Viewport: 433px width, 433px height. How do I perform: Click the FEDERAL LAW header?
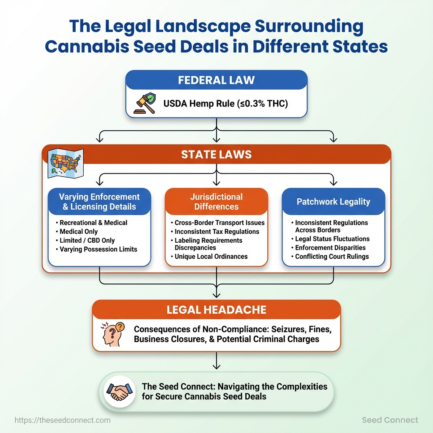point(216,80)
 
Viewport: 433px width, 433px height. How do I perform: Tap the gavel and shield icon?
point(145,104)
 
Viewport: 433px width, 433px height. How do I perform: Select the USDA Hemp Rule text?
point(225,103)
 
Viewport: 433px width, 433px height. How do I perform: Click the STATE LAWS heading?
point(216,155)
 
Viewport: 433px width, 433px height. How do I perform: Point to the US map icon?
point(66,163)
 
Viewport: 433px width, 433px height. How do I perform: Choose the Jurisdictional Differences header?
point(216,202)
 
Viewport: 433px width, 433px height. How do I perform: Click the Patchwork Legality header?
point(333,202)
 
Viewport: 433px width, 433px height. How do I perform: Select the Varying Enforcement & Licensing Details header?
point(99,202)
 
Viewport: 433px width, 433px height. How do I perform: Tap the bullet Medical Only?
point(79,231)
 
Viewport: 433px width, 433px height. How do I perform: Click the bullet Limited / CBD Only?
point(87,240)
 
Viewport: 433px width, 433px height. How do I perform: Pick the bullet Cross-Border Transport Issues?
point(219,222)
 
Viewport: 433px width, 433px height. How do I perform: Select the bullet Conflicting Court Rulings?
point(332,256)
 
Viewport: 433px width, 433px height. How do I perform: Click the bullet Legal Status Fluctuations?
point(332,238)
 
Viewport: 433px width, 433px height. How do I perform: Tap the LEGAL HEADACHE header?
point(216,310)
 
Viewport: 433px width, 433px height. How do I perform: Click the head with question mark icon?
point(112,334)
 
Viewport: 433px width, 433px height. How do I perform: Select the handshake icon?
point(119,391)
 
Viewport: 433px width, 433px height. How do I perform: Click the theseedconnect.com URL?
point(63,420)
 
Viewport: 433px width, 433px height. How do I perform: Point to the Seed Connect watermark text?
point(390,420)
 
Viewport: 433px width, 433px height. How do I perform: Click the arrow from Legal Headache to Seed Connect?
point(216,361)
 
